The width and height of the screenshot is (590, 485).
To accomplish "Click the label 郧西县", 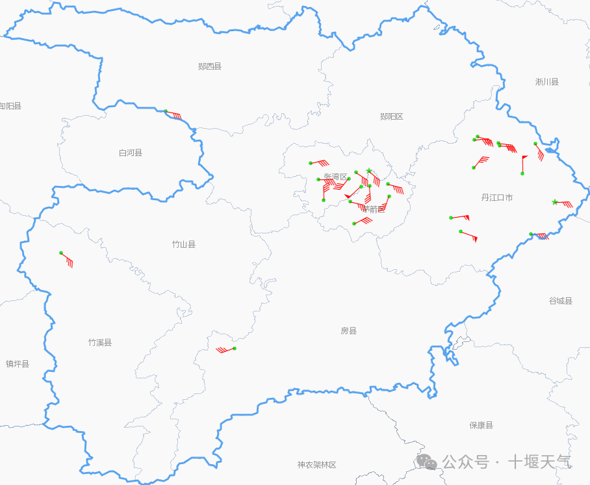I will pyautogui.click(x=210, y=66).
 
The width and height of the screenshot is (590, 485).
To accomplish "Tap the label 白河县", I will pyautogui.click(x=131, y=153).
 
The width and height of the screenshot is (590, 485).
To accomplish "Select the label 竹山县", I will pyautogui.click(x=184, y=244).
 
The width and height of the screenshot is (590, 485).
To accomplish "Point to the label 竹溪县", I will pyautogui.click(x=100, y=343).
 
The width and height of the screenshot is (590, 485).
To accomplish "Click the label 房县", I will pyautogui.click(x=349, y=331).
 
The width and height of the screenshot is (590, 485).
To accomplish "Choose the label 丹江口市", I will pyautogui.click(x=497, y=198).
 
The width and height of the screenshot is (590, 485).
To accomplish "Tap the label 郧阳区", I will pyautogui.click(x=392, y=116).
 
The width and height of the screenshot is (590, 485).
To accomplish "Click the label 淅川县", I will pyautogui.click(x=547, y=82).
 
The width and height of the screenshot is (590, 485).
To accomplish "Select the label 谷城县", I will pyautogui.click(x=561, y=301).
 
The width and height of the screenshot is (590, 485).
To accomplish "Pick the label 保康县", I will pyautogui.click(x=481, y=425).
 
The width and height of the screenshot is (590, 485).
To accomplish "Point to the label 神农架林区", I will pyautogui.click(x=317, y=465).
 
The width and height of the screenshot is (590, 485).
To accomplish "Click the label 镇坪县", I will pyautogui.click(x=18, y=364).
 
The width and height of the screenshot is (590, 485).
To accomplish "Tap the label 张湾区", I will pyautogui.click(x=336, y=177).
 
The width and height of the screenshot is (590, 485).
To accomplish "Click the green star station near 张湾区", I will pyautogui.click(x=369, y=171).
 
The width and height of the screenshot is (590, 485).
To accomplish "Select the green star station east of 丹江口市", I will pyautogui.click(x=554, y=202).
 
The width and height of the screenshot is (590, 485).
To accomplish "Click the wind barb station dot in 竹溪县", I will pyautogui.click(x=61, y=253).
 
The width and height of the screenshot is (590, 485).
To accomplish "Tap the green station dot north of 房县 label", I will pyautogui.click(x=235, y=348).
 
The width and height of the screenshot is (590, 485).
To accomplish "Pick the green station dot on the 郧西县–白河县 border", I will pyautogui.click(x=166, y=112).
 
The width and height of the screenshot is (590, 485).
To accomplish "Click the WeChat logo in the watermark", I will pyautogui.click(x=427, y=461).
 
